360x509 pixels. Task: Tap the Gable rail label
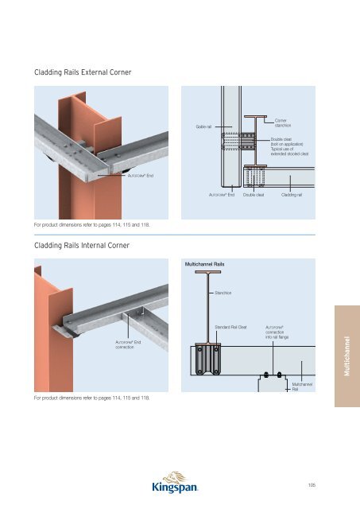click(204, 126)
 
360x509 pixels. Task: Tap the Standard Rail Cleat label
click(231, 327)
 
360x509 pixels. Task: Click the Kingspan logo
click(180, 484)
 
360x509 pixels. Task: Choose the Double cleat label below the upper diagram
click(253, 193)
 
